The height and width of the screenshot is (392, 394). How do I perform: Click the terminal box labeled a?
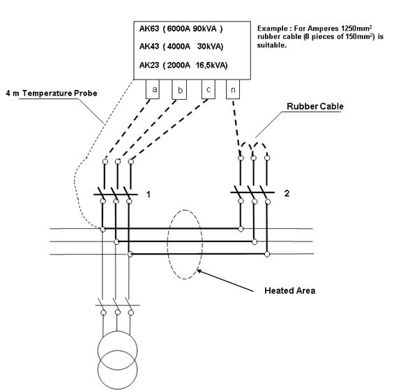[x=153, y=89]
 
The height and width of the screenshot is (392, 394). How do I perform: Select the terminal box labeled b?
[x=179, y=89]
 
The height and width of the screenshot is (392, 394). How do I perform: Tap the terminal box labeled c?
[x=209, y=89]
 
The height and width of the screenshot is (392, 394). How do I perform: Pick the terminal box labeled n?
[x=233, y=89]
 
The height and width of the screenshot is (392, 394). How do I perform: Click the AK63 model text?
[x=149, y=29]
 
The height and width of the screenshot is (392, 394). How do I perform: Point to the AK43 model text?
[x=149, y=46]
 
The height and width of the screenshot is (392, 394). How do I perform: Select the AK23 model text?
[x=149, y=65]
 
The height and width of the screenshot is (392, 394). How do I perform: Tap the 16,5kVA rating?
[x=211, y=66]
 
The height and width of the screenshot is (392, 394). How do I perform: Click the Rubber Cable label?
[x=315, y=106]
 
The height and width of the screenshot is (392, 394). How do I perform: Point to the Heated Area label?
[x=289, y=291]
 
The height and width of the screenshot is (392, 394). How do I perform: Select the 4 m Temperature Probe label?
[x=52, y=93]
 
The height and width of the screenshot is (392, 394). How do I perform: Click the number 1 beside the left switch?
[x=149, y=195]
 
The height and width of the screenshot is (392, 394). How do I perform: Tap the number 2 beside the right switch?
[x=287, y=193]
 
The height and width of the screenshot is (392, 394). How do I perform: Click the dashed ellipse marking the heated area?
[x=168, y=244]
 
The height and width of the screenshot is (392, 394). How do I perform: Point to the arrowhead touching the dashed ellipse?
[x=198, y=271]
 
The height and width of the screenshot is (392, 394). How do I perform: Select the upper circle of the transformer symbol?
[x=117, y=331]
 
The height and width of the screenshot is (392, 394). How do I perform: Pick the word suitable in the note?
[x=271, y=45]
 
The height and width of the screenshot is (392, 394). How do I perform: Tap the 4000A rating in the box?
[x=179, y=47]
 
